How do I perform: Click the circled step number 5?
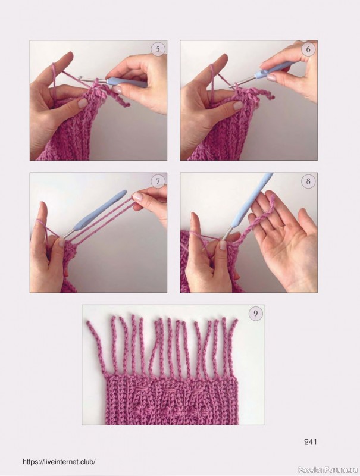pyautogui.click(x=158, y=49)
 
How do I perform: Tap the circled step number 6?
pyautogui.click(x=308, y=49)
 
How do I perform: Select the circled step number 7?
pyautogui.click(x=158, y=181)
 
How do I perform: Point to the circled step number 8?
pyautogui.click(x=308, y=181)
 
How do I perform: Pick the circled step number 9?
pyautogui.click(x=256, y=314)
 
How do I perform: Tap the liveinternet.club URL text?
pyautogui.click(x=60, y=462)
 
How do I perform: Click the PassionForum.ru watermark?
pyautogui.click(x=328, y=470)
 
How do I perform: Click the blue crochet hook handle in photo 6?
pyautogui.click(x=272, y=70)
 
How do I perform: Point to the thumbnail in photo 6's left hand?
pyautogui.click(x=237, y=106)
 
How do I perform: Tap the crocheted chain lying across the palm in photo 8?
pyautogui.click(x=259, y=217)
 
